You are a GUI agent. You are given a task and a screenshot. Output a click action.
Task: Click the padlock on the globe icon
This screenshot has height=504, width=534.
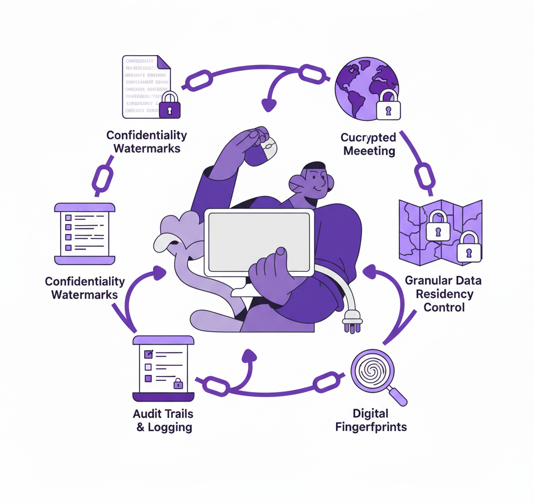coord(388,105)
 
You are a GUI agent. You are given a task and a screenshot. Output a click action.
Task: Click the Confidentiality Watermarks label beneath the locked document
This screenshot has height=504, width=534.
coord(147,142)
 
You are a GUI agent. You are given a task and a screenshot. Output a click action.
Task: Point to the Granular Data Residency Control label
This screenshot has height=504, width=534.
coord(443,293)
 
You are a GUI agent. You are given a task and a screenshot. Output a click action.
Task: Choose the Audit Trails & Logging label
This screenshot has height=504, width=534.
coord(163,420)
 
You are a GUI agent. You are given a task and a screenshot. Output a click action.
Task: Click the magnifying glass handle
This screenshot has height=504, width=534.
coord(398,397)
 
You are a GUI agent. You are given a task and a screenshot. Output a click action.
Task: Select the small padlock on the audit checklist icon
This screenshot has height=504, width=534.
coord(178,383)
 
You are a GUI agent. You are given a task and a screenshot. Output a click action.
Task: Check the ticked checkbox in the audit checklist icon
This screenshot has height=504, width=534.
coord(149,354)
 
